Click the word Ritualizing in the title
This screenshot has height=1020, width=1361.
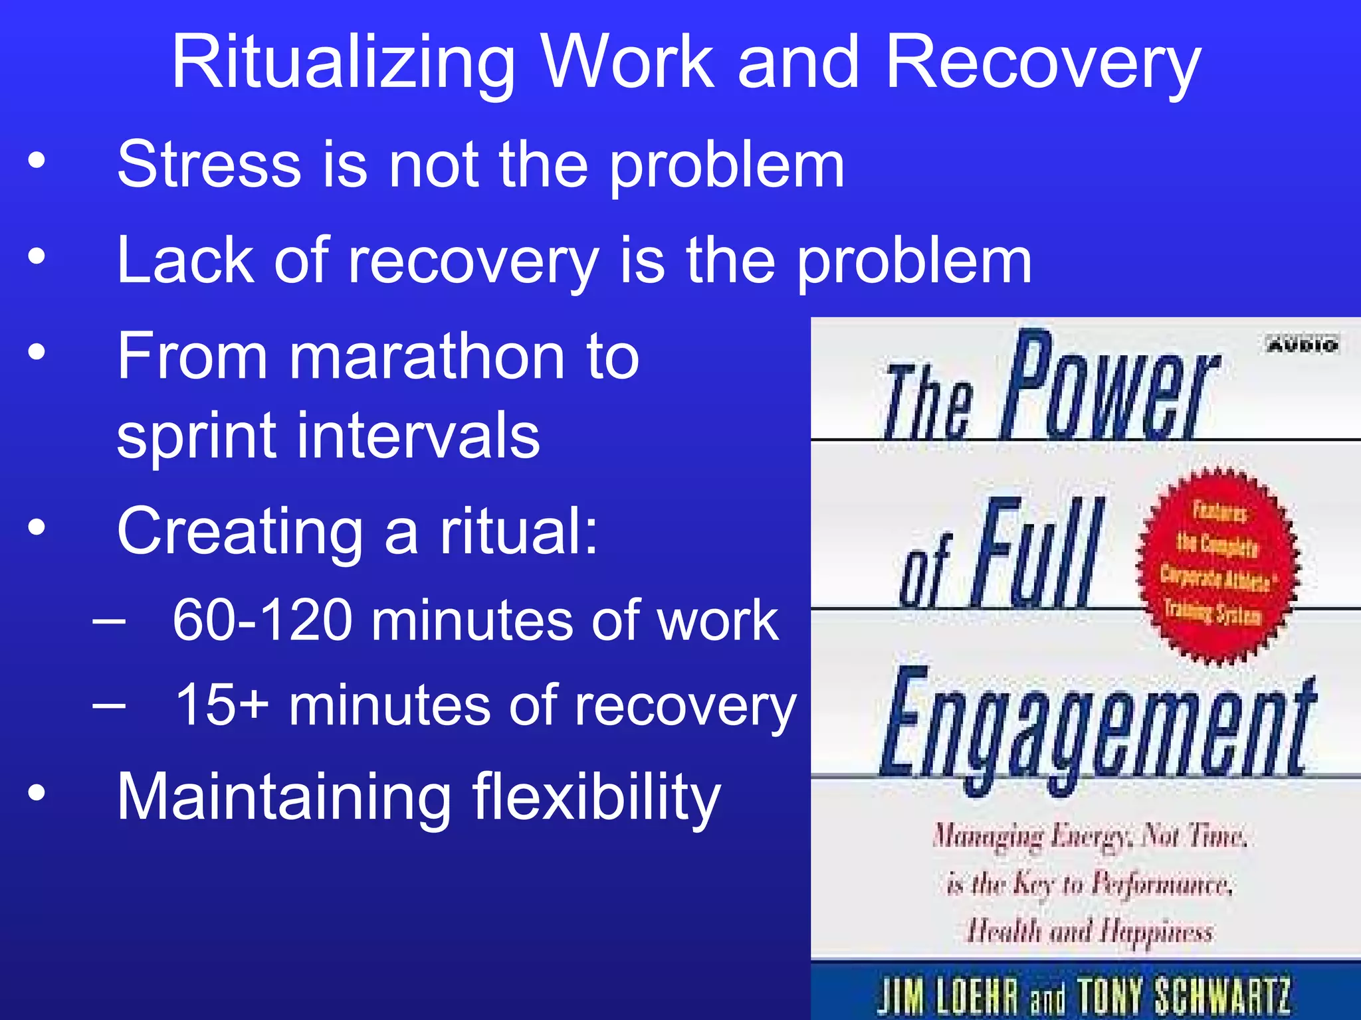(x=343, y=64)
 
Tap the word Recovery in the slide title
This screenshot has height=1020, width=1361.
(x=1043, y=64)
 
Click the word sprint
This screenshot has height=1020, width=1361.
(x=196, y=436)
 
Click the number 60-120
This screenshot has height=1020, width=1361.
(x=262, y=620)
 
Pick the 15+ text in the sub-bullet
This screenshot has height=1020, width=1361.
(x=222, y=705)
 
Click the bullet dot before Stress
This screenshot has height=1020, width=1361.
(x=37, y=161)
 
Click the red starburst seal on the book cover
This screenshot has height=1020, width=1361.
(x=1217, y=566)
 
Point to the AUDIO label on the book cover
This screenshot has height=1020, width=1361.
(x=1303, y=345)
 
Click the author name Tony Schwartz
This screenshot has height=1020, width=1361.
(x=1183, y=996)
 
